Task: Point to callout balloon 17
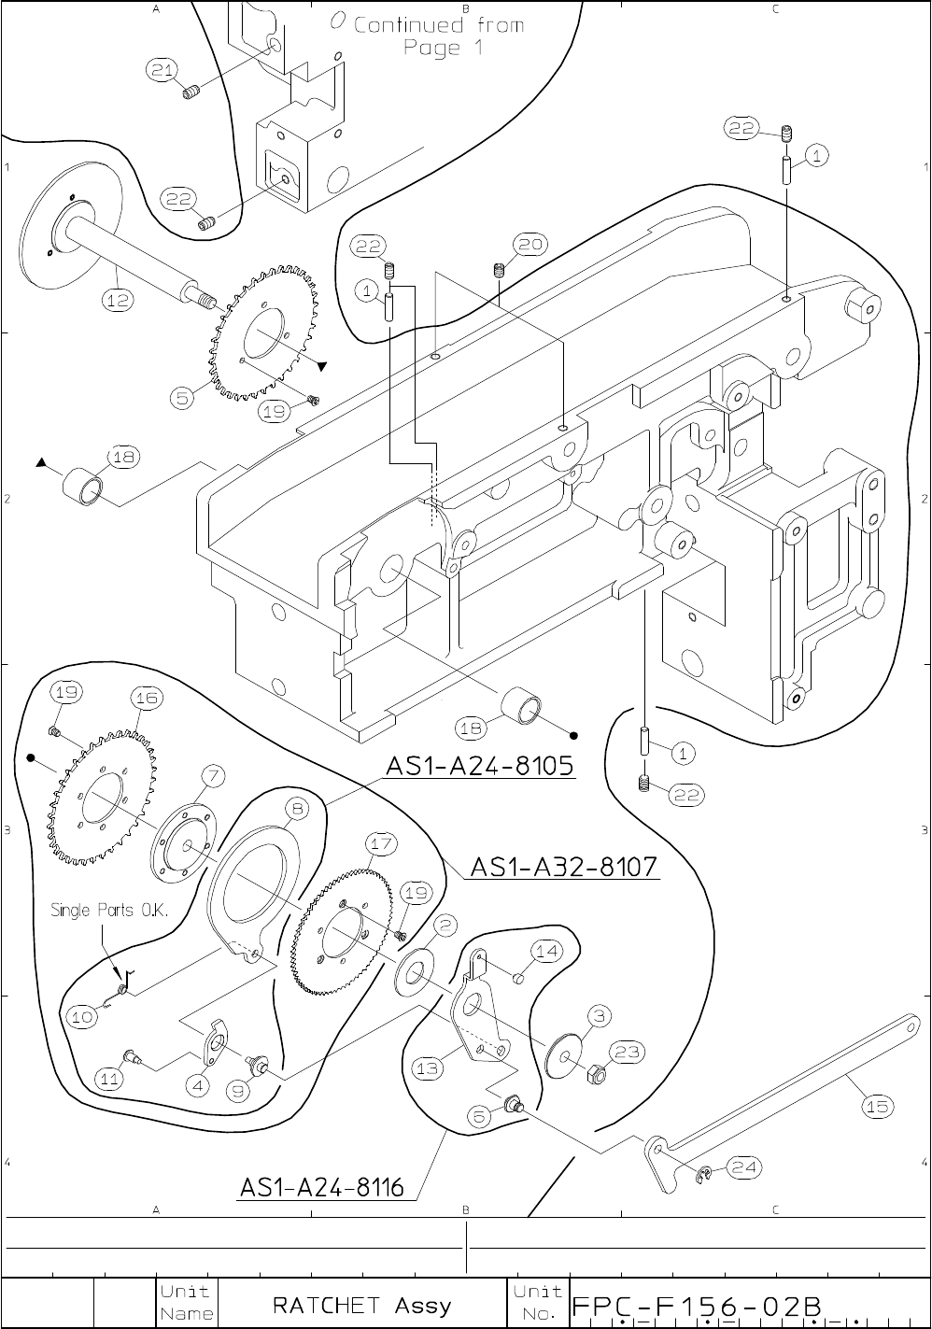(x=380, y=842)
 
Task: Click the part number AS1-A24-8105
(x=480, y=767)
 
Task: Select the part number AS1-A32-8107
(x=565, y=868)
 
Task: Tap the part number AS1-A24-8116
(x=322, y=1188)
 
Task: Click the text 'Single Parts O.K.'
(x=109, y=911)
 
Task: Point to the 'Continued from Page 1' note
(x=438, y=35)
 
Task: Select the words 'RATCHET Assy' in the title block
(x=361, y=1304)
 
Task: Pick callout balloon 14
(x=547, y=951)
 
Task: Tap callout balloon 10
(x=84, y=1017)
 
